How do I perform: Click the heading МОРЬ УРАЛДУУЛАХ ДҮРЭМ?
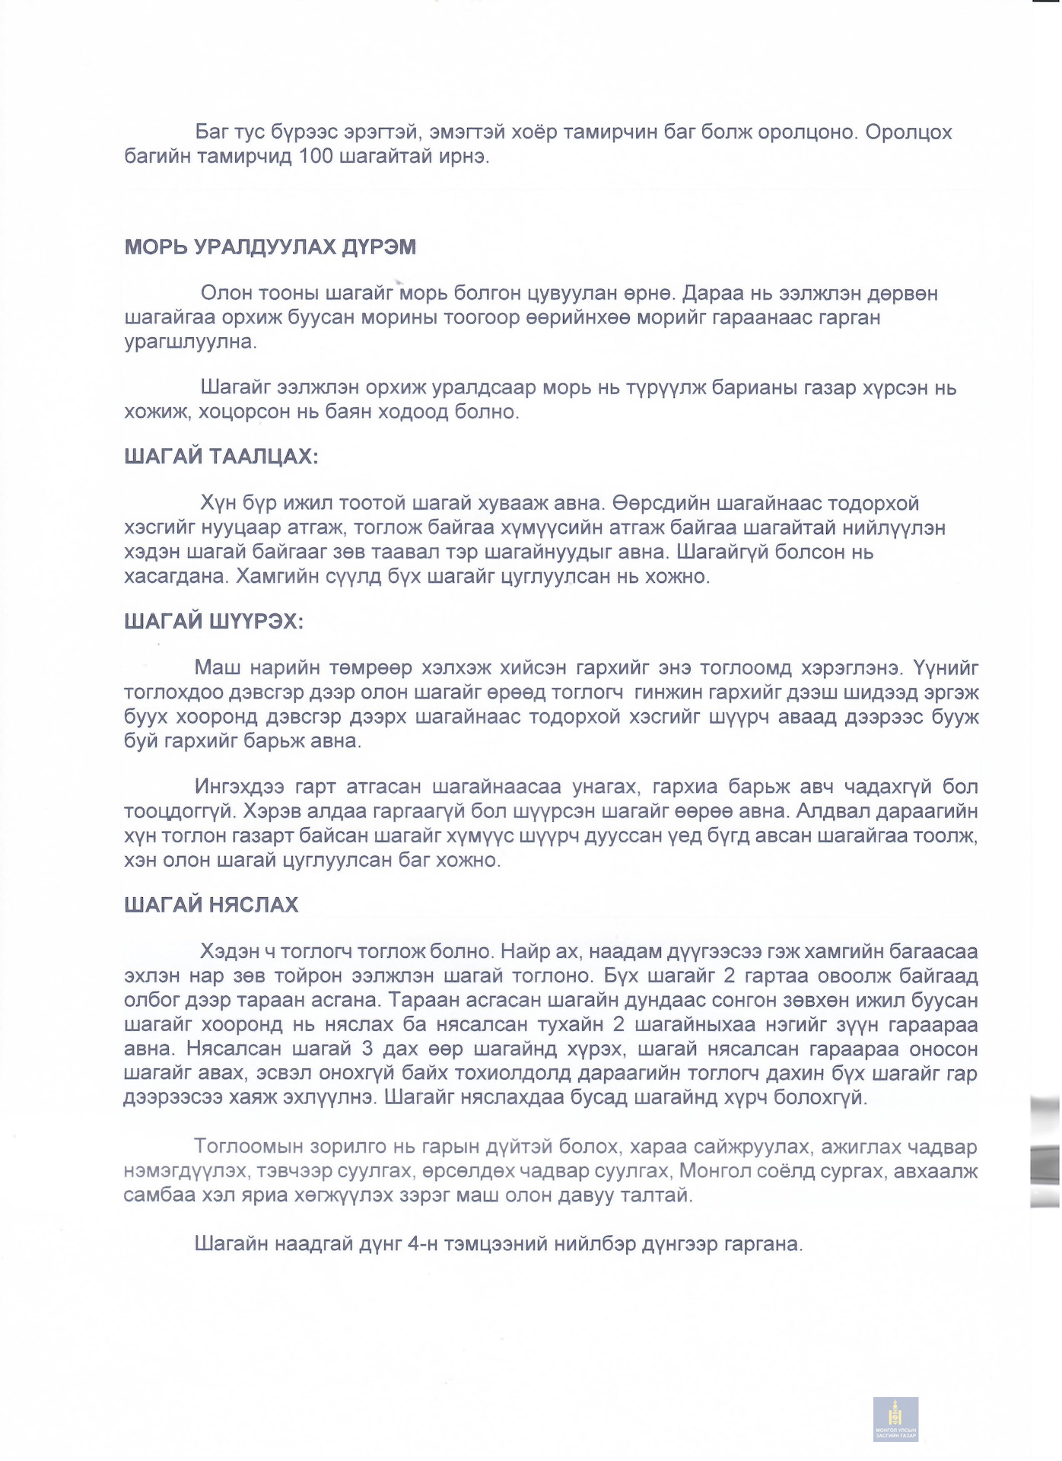[x=270, y=247]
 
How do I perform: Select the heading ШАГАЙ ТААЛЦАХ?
[x=221, y=457]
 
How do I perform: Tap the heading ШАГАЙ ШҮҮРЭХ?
[x=214, y=622]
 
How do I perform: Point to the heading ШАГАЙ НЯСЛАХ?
[x=211, y=905]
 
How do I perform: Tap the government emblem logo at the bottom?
[x=895, y=1418]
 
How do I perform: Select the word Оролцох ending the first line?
[x=908, y=132]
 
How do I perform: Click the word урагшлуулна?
[x=190, y=342]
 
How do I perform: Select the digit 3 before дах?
[x=367, y=1049]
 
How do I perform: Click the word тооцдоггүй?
[x=176, y=811]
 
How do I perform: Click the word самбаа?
[x=157, y=1195]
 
